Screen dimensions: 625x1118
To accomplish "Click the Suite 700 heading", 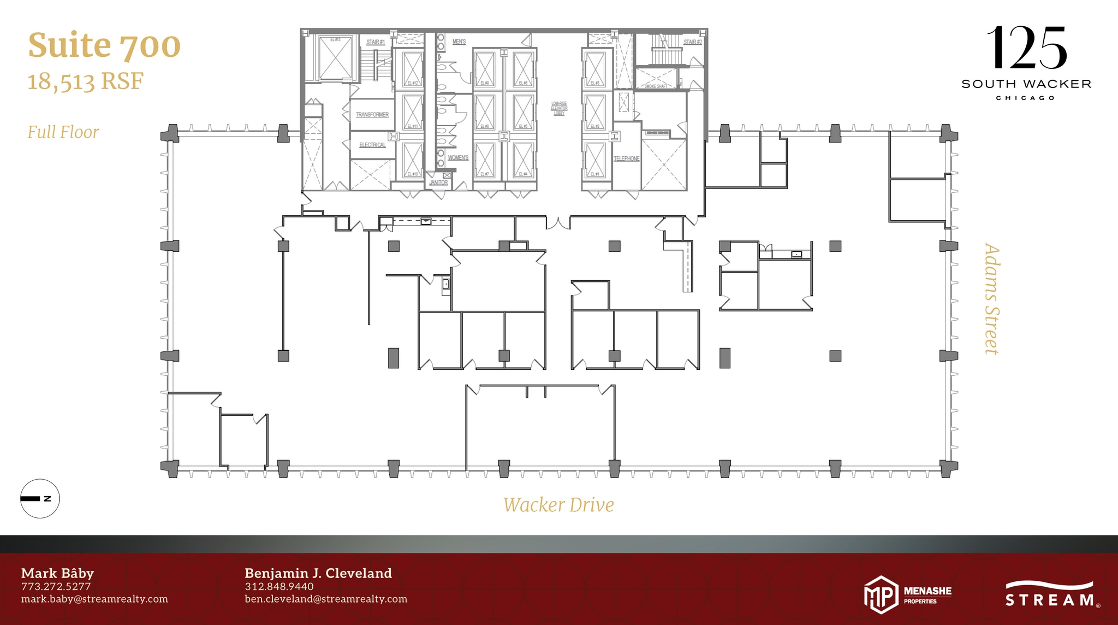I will coord(104,45).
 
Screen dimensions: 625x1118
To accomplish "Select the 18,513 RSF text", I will coord(85,82).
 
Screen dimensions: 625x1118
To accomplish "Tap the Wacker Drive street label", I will coord(558,505).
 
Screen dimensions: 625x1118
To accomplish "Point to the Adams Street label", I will coord(991,299).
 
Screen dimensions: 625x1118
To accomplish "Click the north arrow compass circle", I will coord(40,498).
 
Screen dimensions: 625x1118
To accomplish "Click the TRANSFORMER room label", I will coord(372,115).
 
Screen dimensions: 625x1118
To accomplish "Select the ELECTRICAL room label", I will coord(372,145).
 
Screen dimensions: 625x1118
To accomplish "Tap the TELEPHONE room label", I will coord(626,158).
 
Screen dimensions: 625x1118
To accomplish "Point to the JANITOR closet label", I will coord(438,182).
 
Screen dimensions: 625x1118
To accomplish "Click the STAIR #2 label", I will coord(692,42).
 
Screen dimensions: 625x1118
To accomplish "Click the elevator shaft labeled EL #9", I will coord(484,69).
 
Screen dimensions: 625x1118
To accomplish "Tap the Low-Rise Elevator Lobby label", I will coord(559,108).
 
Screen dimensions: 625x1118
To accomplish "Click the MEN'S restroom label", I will coord(459,42).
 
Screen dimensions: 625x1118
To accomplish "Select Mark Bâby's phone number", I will coord(56,586).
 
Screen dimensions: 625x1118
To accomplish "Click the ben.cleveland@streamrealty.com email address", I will coord(325,599).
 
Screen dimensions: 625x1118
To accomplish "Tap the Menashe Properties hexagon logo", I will coord(881,594).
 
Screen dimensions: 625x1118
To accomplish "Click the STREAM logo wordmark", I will coord(1049,599).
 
